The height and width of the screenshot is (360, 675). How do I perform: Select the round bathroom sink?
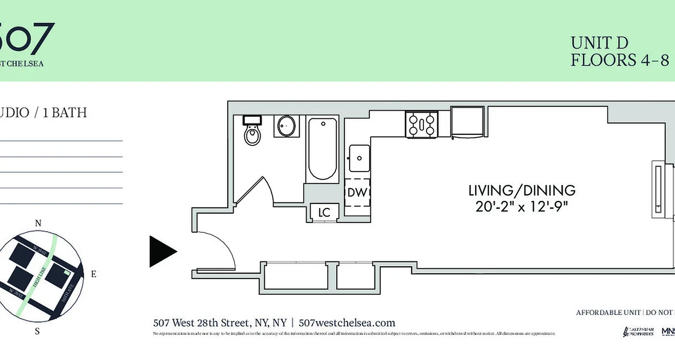[x=286, y=126]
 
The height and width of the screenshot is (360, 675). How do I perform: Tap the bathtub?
[x=322, y=149]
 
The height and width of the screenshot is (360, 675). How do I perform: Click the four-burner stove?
[x=422, y=125]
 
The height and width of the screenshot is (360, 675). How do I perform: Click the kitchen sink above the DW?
[x=359, y=158]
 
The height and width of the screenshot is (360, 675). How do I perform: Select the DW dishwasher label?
[x=357, y=193]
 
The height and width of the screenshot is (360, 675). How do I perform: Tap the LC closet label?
[x=324, y=213]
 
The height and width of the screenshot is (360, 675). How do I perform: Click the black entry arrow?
[x=162, y=252]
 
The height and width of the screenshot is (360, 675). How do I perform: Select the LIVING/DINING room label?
[x=522, y=190]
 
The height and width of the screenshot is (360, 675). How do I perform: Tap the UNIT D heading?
[x=599, y=43]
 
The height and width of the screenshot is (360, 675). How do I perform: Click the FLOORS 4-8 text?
[x=620, y=60]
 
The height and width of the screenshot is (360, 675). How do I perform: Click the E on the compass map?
[x=94, y=274]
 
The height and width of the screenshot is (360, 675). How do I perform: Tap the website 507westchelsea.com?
[x=346, y=323]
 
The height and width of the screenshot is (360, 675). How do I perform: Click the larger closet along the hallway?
[x=296, y=276]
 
